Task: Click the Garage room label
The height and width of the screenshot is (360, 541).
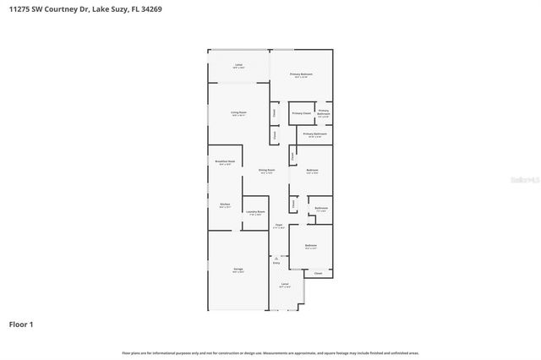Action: click(x=239, y=270)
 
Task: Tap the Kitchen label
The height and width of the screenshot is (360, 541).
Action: click(x=225, y=205)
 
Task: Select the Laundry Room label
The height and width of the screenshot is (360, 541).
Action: click(x=255, y=212)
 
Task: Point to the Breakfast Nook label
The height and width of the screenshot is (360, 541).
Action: click(x=225, y=161)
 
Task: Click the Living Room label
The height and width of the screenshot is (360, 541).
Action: click(x=239, y=112)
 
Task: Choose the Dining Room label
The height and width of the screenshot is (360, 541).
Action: click(x=266, y=170)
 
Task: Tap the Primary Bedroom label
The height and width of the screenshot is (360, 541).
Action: click(x=302, y=75)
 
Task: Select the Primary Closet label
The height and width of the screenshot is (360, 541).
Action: click(x=301, y=113)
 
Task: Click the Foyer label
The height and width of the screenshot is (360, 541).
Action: click(x=278, y=226)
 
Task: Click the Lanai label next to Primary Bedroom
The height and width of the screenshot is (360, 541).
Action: click(x=239, y=64)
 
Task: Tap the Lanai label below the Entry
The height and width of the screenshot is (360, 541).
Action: click(x=285, y=285)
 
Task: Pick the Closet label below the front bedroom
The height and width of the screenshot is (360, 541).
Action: click(x=318, y=274)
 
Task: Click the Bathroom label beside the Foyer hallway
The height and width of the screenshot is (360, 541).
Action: click(x=321, y=208)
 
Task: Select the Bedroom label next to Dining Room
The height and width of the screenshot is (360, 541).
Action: click(x=312, y=172)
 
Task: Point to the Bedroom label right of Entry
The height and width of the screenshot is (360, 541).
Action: click(x=311, y=246)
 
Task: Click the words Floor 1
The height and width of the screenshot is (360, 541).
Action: click(x=21, y=324)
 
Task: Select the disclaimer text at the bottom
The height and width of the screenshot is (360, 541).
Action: click(x=270, y=352)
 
